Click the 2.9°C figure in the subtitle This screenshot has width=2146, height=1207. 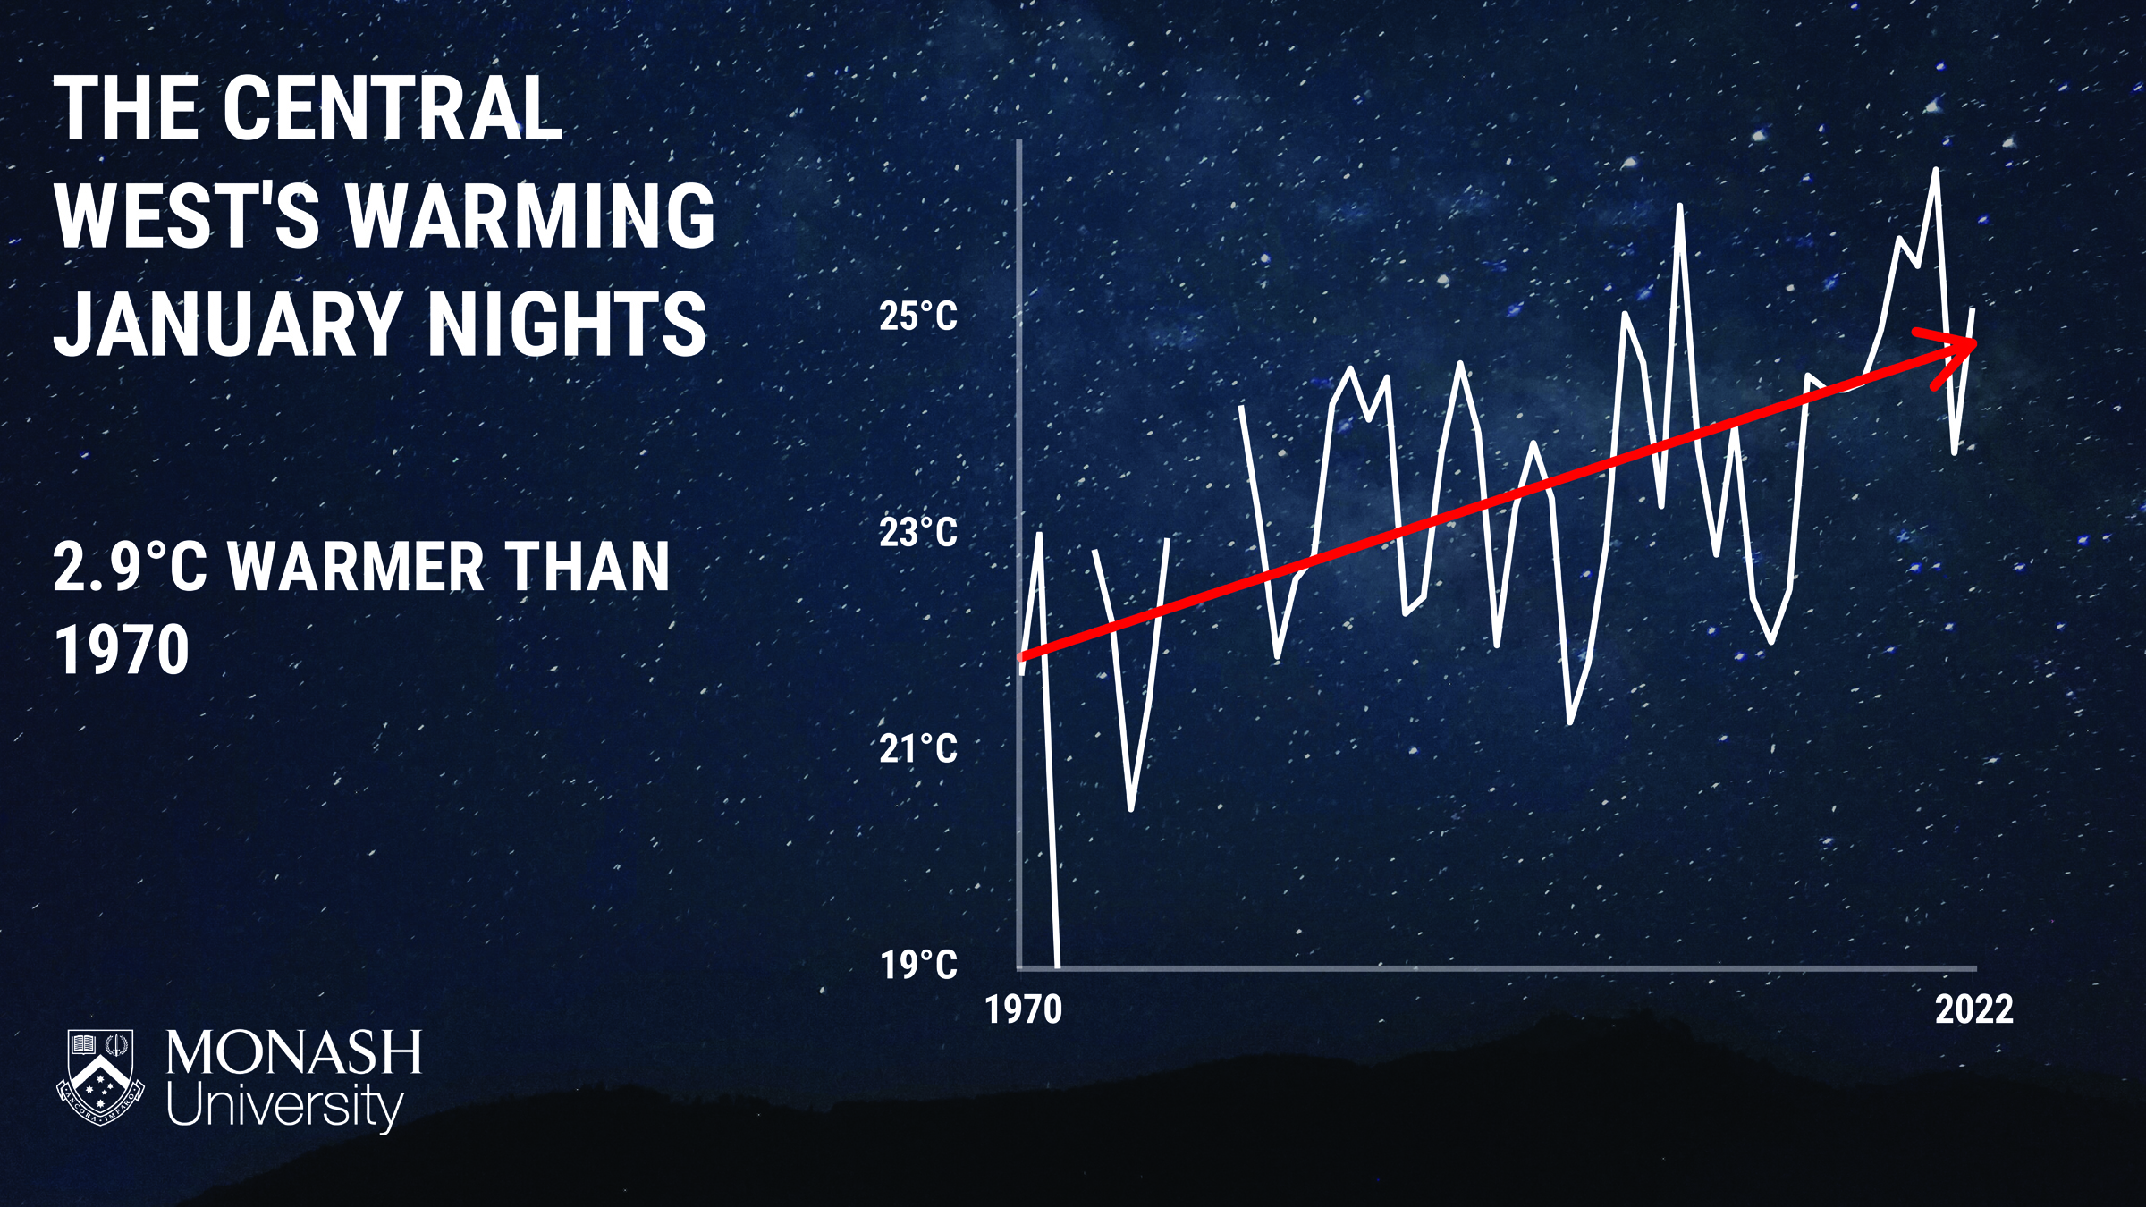pos(130,567)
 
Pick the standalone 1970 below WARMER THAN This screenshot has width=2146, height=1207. pos(122,649)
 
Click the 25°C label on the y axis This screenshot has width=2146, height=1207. pos(918,317)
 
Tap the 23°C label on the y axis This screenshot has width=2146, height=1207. pos(918,533)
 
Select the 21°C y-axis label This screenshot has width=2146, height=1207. pos(918,748)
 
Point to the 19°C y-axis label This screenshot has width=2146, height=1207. pos(918,965)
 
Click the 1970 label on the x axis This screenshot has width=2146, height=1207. pos(1024,1010)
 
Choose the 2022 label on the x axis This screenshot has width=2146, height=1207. pos(1974,1009)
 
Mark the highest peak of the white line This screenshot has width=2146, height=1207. pos(1936,169)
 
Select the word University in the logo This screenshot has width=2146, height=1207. pos(285,1108)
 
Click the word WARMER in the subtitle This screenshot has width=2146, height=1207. pos(356,567)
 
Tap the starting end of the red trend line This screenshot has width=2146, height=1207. pos(1022,657)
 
